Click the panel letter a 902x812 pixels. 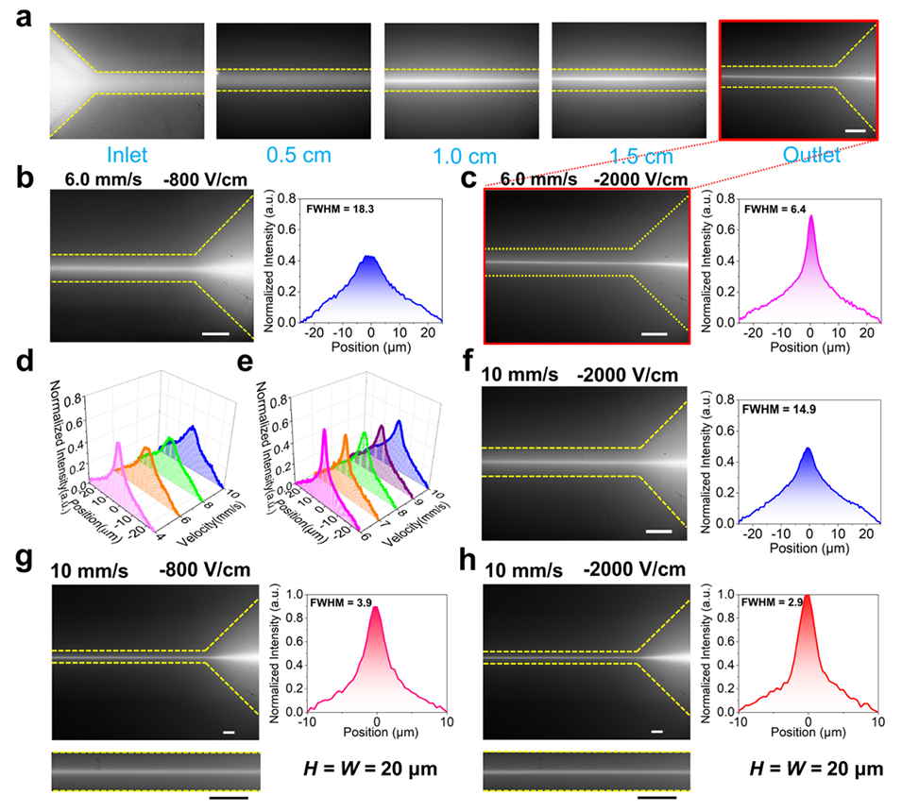point(20,20)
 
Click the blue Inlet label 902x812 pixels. point(125,154)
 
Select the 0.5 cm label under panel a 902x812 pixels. point(293,154)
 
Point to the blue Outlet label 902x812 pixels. point(798,154)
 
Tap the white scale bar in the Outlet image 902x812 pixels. point(855,130)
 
